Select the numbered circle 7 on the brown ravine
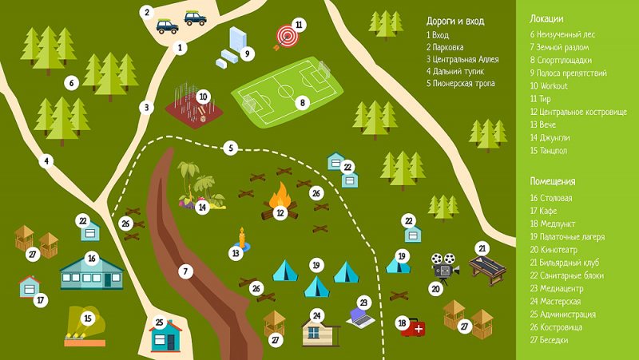185,271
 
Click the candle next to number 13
240,237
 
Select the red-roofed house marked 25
165,336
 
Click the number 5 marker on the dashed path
230,148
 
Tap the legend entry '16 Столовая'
550,198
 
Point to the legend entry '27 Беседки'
550,339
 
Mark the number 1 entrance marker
181,48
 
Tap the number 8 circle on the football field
301,102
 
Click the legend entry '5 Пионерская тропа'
460,83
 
